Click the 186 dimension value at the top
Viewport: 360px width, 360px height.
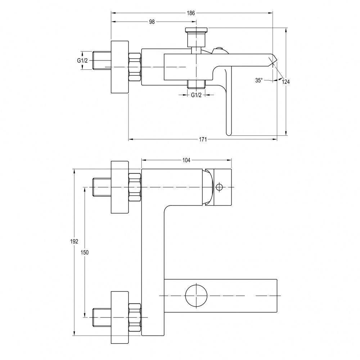pos(190,13)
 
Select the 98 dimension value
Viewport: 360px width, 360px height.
pos(152,22)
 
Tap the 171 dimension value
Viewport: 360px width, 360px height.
pos(203,139)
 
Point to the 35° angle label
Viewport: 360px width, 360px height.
pos(259,80)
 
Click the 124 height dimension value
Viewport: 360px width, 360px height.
pos(285,82)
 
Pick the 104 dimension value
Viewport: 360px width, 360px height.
pos(186,160)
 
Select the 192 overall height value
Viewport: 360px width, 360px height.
pos(74,241)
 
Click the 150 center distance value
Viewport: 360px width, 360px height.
pos(85,253)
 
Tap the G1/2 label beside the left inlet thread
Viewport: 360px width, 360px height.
pos(82,60)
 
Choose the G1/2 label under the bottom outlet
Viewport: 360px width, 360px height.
pos(196,95)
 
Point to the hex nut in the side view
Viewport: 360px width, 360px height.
pos(135,67)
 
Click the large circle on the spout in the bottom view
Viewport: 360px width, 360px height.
pos(196,296)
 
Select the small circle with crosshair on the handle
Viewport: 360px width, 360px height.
pos(219,187)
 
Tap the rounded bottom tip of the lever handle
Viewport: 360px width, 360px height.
pos(229,133)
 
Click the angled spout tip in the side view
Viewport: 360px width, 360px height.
pos(272,60)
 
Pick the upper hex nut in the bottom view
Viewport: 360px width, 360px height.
pos(135,187)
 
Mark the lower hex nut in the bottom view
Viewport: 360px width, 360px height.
pos(135,317)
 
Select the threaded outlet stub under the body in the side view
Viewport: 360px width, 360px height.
pos(196,84)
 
